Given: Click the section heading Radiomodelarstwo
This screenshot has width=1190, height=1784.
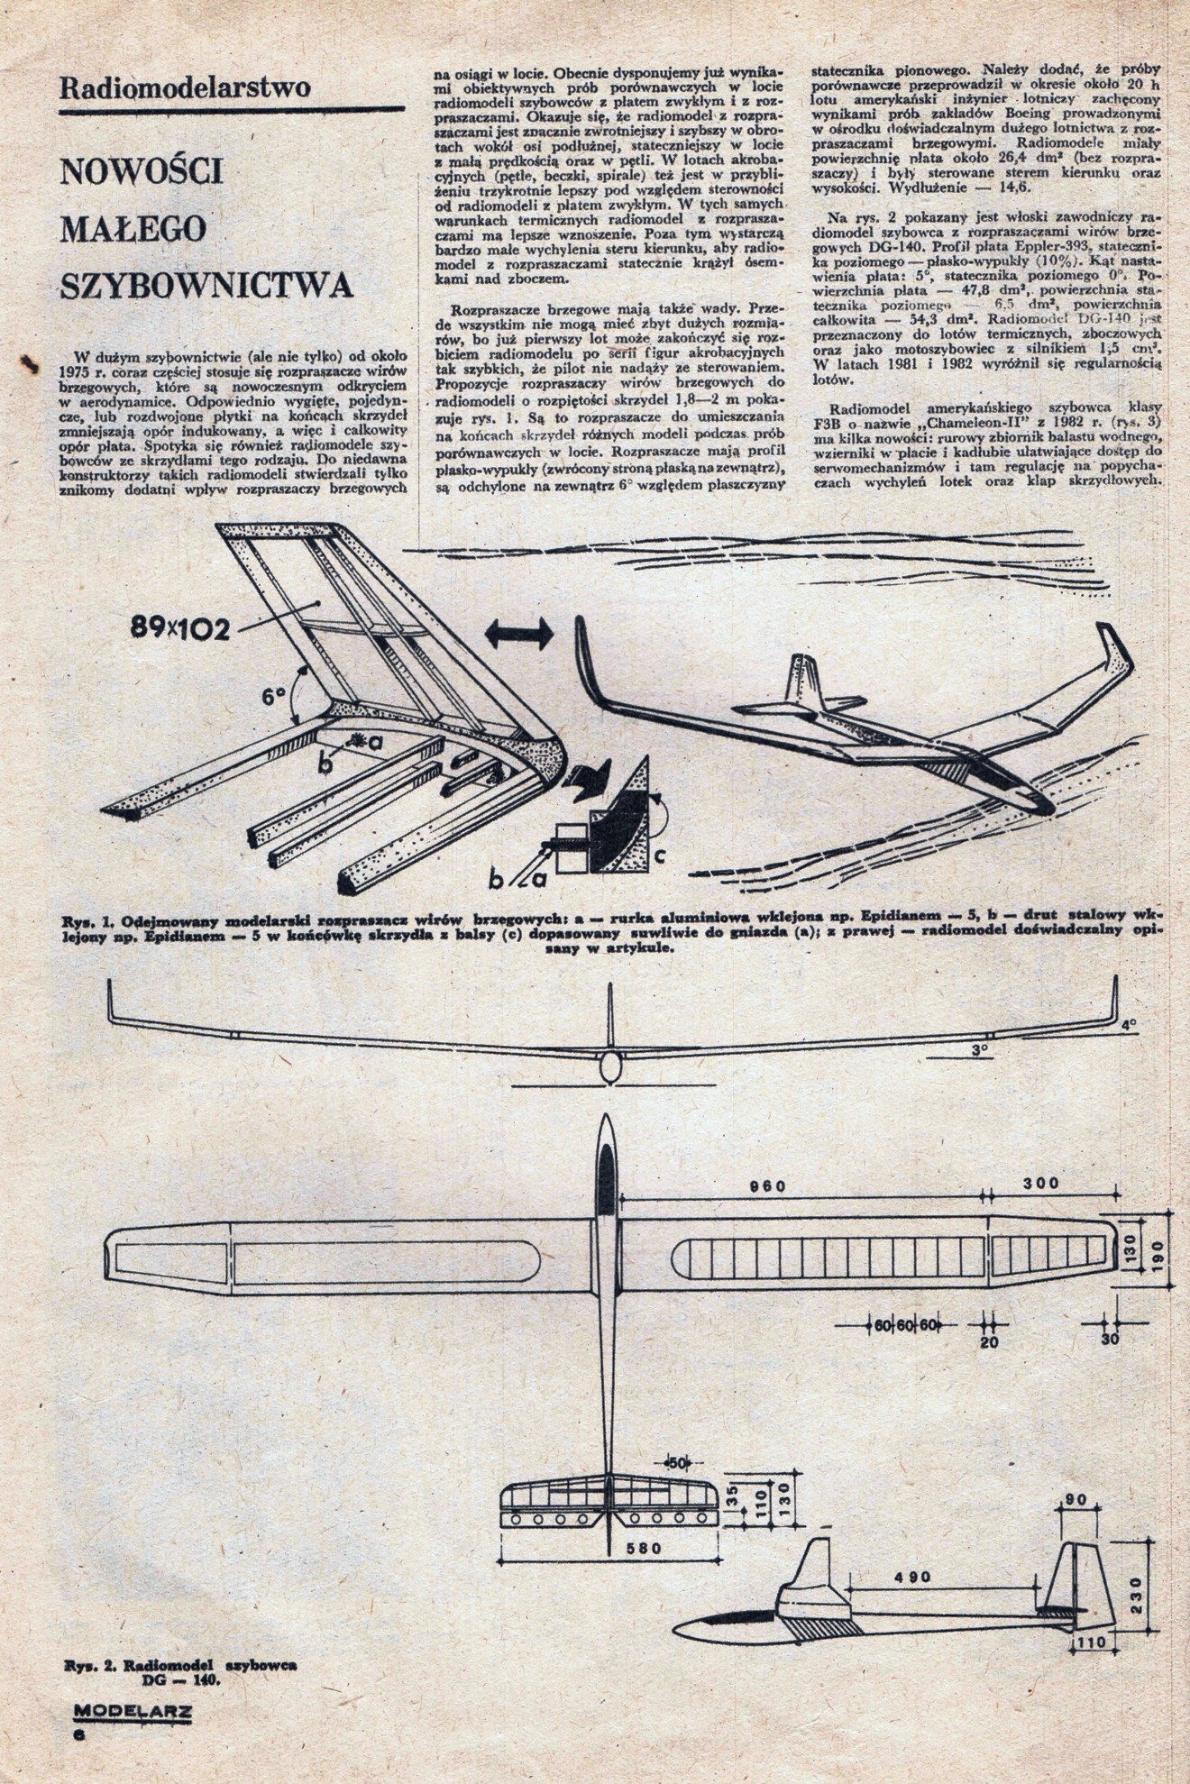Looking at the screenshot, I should coord(184,88).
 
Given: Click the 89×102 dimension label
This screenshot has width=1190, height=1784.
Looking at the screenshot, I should coord(178,630).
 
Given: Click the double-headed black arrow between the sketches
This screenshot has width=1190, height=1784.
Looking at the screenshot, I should coord(518,635).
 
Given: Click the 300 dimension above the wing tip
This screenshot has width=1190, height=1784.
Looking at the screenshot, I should coord(1042,1183).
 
